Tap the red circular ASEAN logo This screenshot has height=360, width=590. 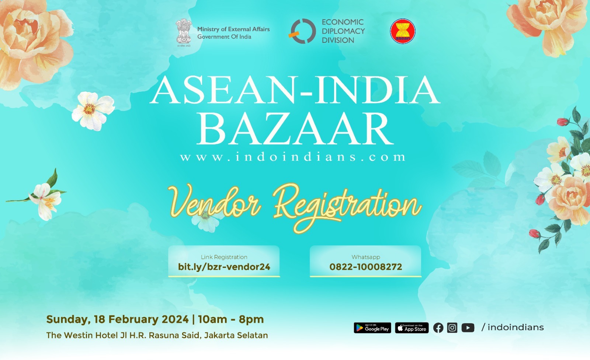[x=402, y=31]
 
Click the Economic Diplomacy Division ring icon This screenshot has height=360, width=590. [x=302, y=31]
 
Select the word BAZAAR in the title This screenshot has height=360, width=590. [x=295, y=129]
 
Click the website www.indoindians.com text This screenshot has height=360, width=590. [x=293, y=157]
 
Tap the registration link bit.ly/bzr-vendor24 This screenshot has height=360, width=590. [x=224, y=267]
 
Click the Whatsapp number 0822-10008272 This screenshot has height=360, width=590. [x=365, y=267]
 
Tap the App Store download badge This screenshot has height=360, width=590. [x=412, y=328]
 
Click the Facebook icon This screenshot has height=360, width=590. [x=438, y=328]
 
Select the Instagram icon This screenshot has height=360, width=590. [x=452, y=328]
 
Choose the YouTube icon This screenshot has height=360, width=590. [x=468, y=328]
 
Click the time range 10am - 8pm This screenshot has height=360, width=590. [x=231, y=319]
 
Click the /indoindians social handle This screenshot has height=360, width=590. [x=513, y=327]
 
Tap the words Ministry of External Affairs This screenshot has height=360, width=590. [x=233, y=29]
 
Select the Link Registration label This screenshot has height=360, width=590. [x=224, y=257]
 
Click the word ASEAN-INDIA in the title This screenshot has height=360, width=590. [x=295, y=91]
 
